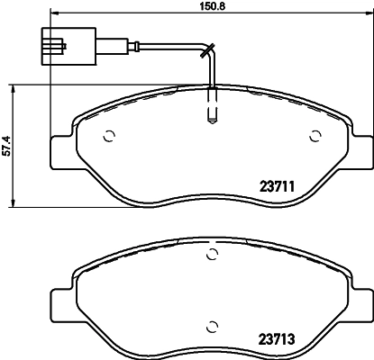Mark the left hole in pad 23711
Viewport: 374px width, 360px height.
[108, 137]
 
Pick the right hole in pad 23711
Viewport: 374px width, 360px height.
[315, 137]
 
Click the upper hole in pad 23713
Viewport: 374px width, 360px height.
[212, 256]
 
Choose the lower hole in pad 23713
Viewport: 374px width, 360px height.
[212, 324]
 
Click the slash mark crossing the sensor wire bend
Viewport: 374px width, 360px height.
[207, 49]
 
